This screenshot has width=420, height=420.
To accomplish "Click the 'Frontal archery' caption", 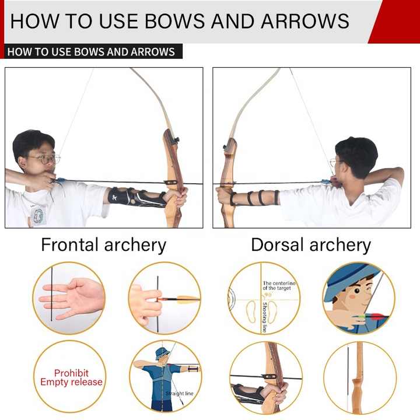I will (x=103, y=245).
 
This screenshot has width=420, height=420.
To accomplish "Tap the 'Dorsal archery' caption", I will (x=310, y=245).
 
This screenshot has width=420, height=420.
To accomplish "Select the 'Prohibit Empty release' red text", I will (x=71, y=377).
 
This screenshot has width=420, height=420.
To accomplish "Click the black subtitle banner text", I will (x=91, y=51).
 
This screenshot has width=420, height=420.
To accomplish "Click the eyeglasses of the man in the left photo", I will (x=44, y=159).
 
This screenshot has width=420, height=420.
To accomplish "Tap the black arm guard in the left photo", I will (x=135, y=197).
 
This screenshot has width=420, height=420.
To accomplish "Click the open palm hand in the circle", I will (x=73, y=298).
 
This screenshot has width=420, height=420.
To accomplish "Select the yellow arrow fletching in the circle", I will (x=187, y=299).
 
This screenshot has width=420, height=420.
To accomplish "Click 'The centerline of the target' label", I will (x=279, y=286).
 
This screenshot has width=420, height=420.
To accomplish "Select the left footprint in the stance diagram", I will (x=251, y=312).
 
